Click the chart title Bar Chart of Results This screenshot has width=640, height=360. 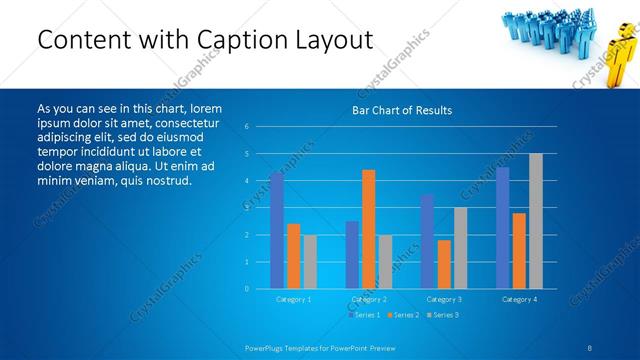pyautogui.click(x=401, y=110)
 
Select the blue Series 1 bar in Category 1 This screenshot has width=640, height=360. pyautogui.click(x=277, y=230)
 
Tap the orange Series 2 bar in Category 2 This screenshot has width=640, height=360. pyautogui.click(x=368, y=229)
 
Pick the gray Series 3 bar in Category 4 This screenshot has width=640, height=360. pyautogui.click(x=536, y=221)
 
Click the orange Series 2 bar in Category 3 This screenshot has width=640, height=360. pyautogui.click(x=444, y=264)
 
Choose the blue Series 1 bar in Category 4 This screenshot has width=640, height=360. pyautogui.click(x=502, y=228)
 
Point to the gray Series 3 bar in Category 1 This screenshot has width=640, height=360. pyautogui.click(x=310, y=262)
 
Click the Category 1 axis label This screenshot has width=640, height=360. pyautogui.click(x=293, y=299)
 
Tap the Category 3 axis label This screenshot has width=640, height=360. pyautogui.click(x=444, y=299)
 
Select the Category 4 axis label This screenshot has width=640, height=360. pyautogui.click(x=519, y=299)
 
